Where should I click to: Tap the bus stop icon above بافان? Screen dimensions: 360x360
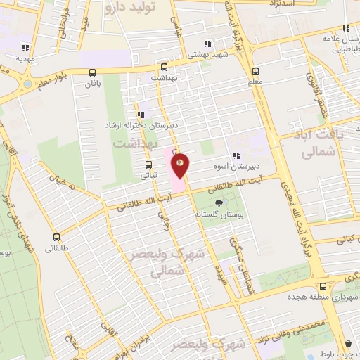click(93, 72)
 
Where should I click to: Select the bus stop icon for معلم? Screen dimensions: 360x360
click(255, 70)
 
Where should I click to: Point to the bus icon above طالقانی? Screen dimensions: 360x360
click(56, 237)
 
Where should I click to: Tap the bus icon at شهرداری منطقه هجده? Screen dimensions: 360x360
click(322, 286)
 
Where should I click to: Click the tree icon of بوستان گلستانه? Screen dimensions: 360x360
click(219, 202)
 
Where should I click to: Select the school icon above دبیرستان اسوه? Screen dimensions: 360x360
click(236, 155)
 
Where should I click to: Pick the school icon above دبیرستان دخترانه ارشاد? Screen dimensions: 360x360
click(141, 114)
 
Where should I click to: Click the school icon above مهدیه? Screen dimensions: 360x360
click(25, 49)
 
